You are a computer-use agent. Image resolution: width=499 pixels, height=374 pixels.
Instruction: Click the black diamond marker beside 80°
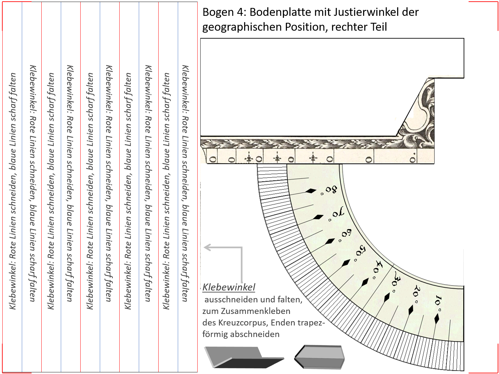(310, 191)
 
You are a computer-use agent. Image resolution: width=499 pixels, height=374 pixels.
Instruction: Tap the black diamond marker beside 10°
(437, 319)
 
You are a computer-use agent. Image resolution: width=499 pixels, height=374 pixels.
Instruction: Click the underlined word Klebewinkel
(229, 287)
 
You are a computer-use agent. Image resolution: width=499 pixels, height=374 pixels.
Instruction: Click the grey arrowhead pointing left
(207, 247)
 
